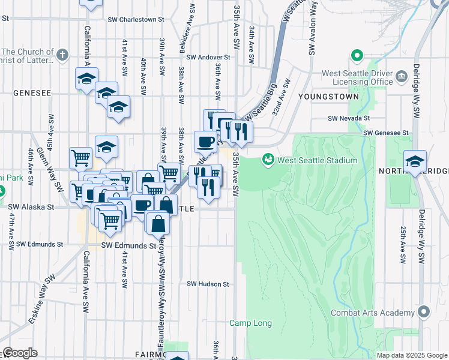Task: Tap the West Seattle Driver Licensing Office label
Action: (357, 77)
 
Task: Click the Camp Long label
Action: (250, 323)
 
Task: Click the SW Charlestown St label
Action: (136, 20)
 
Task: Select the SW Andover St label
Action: (208, 58)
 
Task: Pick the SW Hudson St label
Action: (208, 284)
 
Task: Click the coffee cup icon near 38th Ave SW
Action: (206, 142)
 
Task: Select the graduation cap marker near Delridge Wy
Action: (415, 161)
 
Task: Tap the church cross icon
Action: (62, 55)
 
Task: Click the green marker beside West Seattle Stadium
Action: (267, 160)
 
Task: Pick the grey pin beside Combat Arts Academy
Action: (424, 312)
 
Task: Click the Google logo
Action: (20, 353)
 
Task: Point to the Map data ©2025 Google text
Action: (412, 355)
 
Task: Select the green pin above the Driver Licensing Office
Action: (357, 57)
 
